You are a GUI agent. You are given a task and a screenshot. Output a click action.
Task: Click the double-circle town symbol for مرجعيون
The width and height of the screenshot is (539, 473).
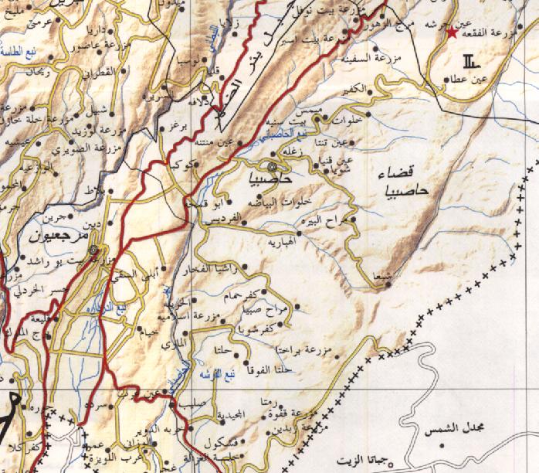point(94,250)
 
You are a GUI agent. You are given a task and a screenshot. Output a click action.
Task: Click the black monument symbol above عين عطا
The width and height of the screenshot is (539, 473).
point(470,61)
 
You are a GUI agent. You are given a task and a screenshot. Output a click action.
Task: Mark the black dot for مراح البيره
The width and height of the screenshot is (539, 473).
point(342,220)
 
